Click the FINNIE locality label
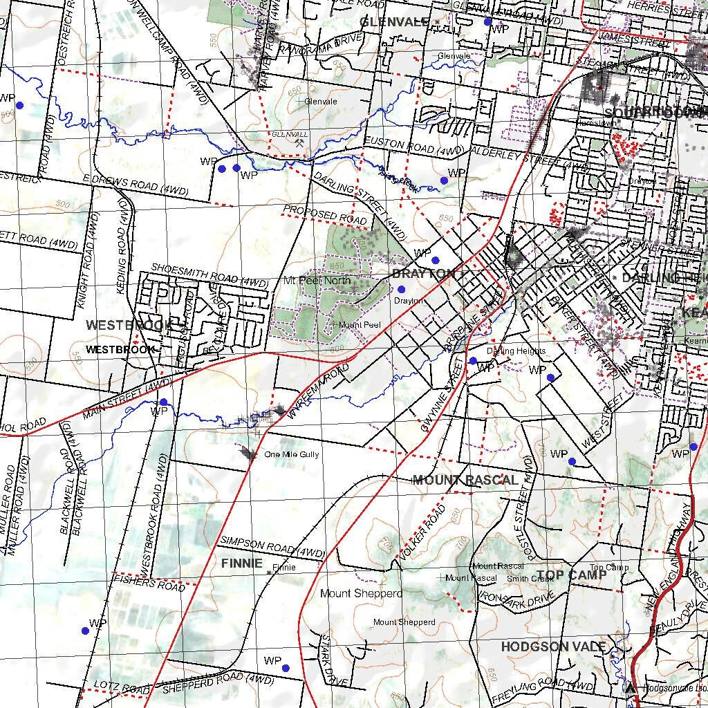pyautogui.click(x=242, y=563)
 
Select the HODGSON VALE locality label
pyautogui.click(x=553, y=646)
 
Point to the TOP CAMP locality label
pyautogui.click(x=571, y=575)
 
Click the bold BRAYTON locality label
pyautogui.click(x=424, y=274)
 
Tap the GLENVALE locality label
pyautogui.click(x=394, y=22)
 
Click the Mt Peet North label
pyautogui.click(x=317, y=281)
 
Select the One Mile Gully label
pyautogui.click(x=291, y=455)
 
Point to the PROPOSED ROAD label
pyautogui.click(x=324, y=214)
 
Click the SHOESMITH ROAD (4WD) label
pyautogui.click(x=209, y=274)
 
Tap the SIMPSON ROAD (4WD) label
pyautogui.click(x=272, y=548)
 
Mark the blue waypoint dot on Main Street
pyautogui.click(x=164, y=402)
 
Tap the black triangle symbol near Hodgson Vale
pyautogui.click(x=630, y=687)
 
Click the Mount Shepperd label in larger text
pyautogui.click(x=361, y=593)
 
